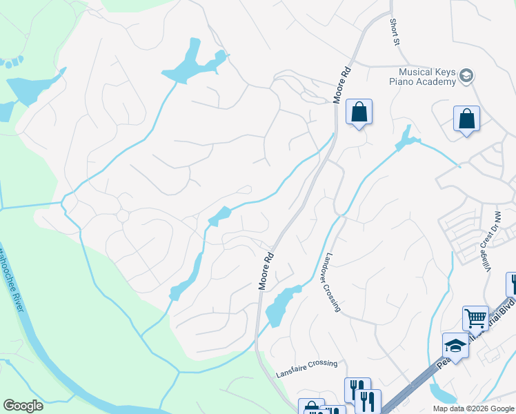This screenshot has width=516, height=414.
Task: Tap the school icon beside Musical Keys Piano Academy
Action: (x=466, y=76)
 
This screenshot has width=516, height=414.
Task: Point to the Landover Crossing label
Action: (x=332, y=282)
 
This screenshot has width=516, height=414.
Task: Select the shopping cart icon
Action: (x=475, y=319)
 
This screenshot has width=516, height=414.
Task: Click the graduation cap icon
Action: (x=455, y=345)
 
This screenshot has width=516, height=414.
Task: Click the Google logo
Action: (x=23, y=406)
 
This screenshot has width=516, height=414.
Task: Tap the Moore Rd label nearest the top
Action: (x=342, y=85)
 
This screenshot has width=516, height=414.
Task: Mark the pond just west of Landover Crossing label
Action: (x=279, y=304)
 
